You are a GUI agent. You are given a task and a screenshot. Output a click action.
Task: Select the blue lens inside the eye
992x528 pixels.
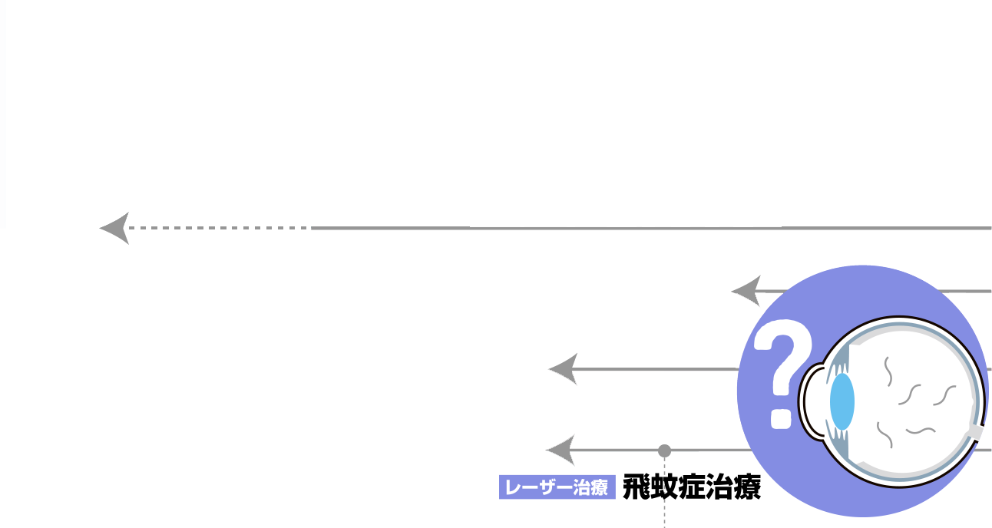(842, 401)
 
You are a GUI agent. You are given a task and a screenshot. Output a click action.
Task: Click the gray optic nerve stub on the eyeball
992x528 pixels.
(975, 432)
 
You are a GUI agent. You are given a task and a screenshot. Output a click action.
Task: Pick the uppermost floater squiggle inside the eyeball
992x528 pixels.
(888, 371)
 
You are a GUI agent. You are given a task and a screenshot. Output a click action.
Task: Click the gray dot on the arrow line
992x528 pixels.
(665, 450)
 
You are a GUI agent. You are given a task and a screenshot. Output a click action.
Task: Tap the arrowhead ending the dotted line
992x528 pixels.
(115, 228)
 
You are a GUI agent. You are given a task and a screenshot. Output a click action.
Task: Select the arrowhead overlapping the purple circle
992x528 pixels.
(746, 291)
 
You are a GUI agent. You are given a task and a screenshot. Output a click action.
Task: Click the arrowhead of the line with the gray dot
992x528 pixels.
(560, 450)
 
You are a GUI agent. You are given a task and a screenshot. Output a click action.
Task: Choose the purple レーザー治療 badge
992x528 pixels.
(557, 487)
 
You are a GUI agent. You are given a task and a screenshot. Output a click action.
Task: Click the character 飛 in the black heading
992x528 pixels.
(636, 487)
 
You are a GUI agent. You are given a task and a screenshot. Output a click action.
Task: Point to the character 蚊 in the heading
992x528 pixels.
(663, 487)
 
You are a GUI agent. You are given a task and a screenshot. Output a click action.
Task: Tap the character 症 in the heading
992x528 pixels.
(691, 487)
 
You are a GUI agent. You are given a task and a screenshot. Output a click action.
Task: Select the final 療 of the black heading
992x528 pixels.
(746, 487)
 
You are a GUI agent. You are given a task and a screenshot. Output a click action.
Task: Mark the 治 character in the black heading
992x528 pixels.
(719, 487)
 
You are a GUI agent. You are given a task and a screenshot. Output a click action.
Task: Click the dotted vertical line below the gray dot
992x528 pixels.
(665, 499)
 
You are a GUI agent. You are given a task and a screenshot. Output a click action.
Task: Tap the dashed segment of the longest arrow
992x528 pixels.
(223, 228)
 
